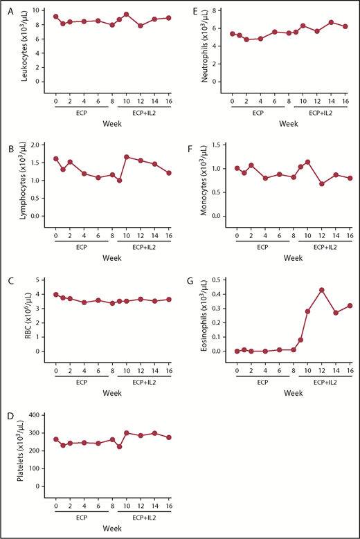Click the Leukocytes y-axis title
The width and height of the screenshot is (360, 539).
click(25, 47)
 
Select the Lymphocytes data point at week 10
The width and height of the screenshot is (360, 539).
click(127, 156)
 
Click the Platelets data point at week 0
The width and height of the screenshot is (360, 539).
click(55, 439)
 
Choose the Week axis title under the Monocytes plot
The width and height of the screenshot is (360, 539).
click(291, 257)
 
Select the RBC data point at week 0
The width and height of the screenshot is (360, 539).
click(55, 294)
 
